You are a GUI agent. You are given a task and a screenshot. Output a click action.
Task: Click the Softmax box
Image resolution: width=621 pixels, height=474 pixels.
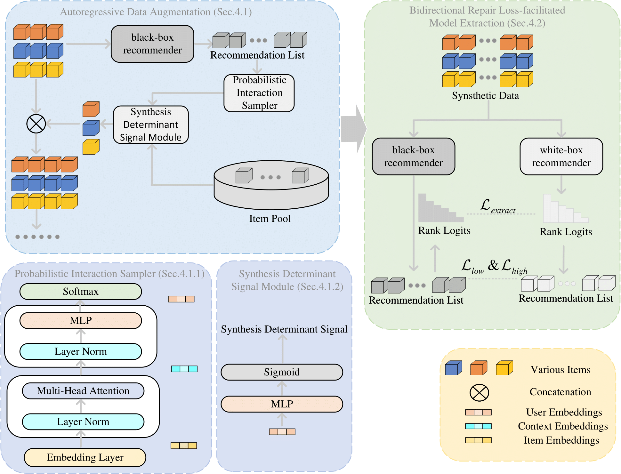pos(81,292)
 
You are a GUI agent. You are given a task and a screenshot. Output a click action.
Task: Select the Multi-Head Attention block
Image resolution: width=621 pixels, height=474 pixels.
pos(83,391)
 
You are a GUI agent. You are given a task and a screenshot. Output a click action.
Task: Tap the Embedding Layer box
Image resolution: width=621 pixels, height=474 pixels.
pos(85,457)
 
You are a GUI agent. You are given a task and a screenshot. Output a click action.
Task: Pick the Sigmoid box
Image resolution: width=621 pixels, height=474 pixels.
pos(282,372)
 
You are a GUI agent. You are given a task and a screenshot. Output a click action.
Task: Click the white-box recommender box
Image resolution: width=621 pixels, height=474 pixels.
pos(561,157)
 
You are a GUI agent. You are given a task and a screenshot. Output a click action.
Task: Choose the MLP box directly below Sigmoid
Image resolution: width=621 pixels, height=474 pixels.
pos(282,404)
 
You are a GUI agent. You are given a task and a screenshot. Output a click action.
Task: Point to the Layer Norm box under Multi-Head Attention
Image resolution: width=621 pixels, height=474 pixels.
pos(83,422)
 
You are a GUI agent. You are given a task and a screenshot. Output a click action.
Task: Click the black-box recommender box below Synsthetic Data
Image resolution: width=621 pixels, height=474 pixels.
pos(413,157)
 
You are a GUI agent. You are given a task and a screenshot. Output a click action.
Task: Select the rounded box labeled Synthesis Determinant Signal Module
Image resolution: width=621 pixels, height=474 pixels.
pos(151,125)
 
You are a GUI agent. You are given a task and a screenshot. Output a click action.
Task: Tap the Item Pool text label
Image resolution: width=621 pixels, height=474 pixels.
pos(270,219)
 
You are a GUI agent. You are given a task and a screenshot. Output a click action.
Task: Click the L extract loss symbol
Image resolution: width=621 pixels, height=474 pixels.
pos(498,206)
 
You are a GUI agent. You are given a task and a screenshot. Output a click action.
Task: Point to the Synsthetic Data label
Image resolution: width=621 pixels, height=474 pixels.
pos(485,96)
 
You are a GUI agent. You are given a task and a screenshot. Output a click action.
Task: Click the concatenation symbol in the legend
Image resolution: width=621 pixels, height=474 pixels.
pos(479,392)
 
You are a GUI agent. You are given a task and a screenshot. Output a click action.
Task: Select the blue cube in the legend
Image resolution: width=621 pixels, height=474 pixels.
pos(453,368)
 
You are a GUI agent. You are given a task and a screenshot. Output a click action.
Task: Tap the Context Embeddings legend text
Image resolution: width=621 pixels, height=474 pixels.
pos(563,426)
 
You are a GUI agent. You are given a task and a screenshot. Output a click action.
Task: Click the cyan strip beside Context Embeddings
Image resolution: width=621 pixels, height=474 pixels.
pos(478,426)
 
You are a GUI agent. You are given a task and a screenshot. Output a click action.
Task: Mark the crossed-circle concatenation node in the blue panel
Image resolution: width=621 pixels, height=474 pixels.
pos(36,124)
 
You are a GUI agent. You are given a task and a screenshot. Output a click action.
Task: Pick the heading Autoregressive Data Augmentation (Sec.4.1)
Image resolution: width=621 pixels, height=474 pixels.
pos(156,12)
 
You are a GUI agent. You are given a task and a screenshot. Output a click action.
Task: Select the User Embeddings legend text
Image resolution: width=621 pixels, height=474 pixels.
pos(564,412)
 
